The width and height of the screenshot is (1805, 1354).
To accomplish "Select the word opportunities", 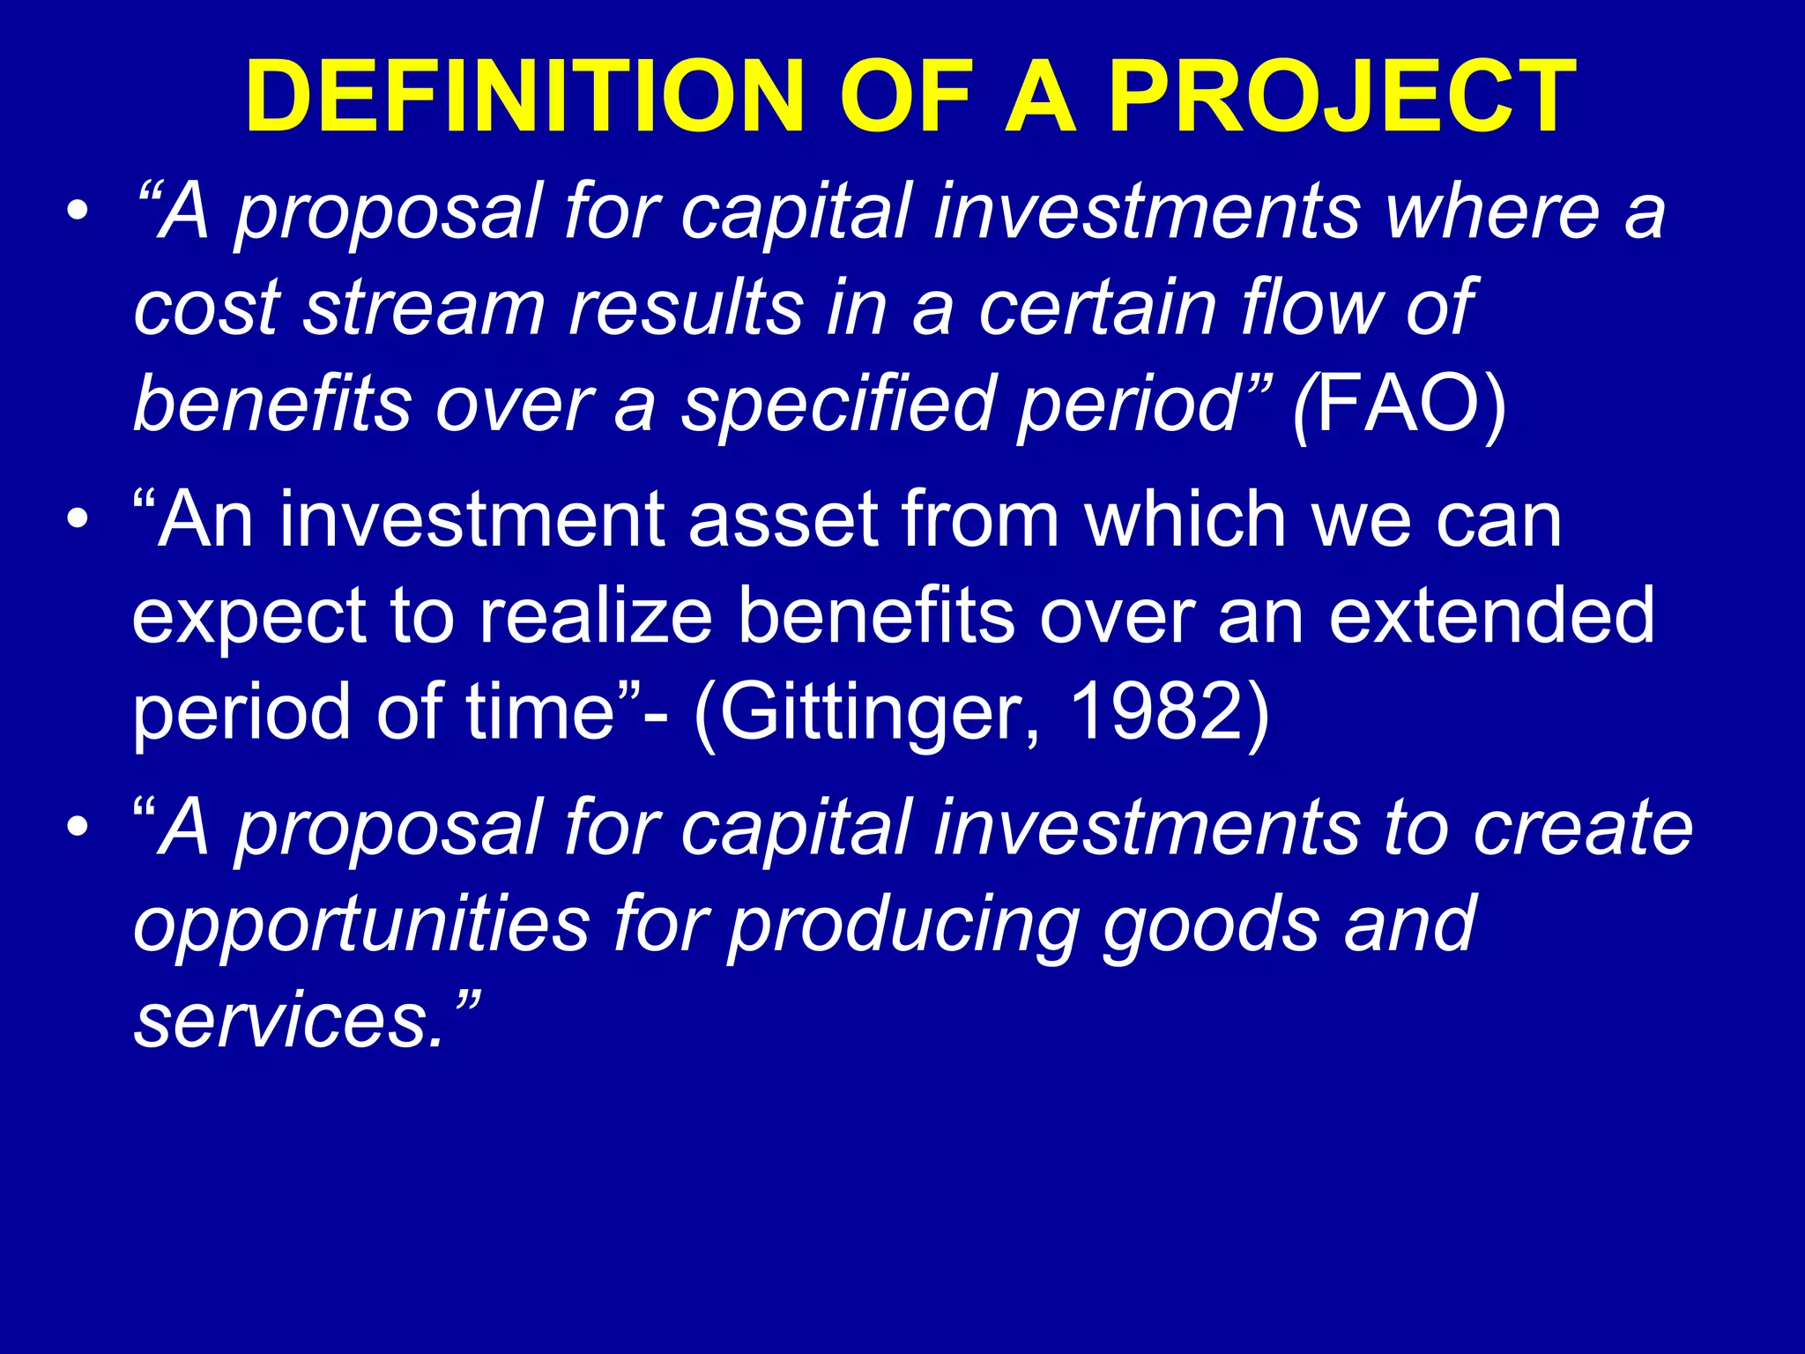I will point(361,926).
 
